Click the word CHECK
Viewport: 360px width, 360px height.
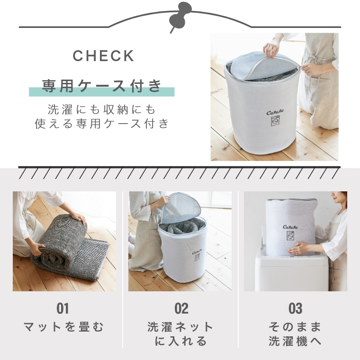[103, 56]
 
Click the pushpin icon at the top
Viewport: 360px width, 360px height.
[180, 17]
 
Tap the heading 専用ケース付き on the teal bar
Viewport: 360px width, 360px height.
[102, 86]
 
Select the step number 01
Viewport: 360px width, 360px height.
[63, 308]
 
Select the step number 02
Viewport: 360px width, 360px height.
[181, 308]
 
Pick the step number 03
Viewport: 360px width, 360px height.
[296, 308]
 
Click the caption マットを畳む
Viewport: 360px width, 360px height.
[64, 327]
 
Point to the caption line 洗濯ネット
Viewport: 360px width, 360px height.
[180, 327]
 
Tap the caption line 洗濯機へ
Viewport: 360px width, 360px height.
[295, 341]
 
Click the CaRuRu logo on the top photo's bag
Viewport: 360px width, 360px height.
[275, 112]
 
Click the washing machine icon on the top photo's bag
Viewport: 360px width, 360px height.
[275, 121]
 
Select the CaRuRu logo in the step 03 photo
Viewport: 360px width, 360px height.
[290, 227]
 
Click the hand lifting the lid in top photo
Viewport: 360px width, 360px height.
[272, 48]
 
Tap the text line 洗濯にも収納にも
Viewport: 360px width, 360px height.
[102, 109]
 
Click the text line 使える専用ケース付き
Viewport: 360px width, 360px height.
[102, 124]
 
